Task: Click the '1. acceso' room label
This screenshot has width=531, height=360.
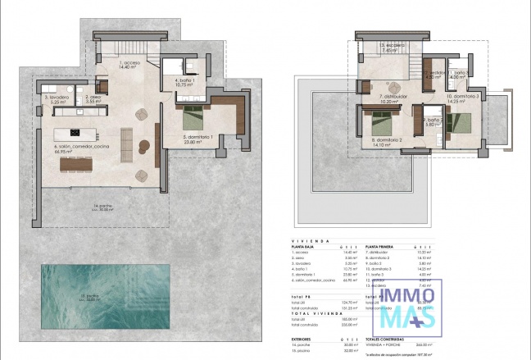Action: coord(129,63)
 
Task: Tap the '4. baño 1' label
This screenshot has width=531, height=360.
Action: coord(183,80)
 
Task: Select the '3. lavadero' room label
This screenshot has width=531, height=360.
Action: coord(56,98)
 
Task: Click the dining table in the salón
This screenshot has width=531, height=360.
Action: coord(76,163)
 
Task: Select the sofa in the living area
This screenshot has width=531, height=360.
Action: coord(127,144)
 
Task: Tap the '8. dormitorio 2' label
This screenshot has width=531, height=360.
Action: coord(387,141)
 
